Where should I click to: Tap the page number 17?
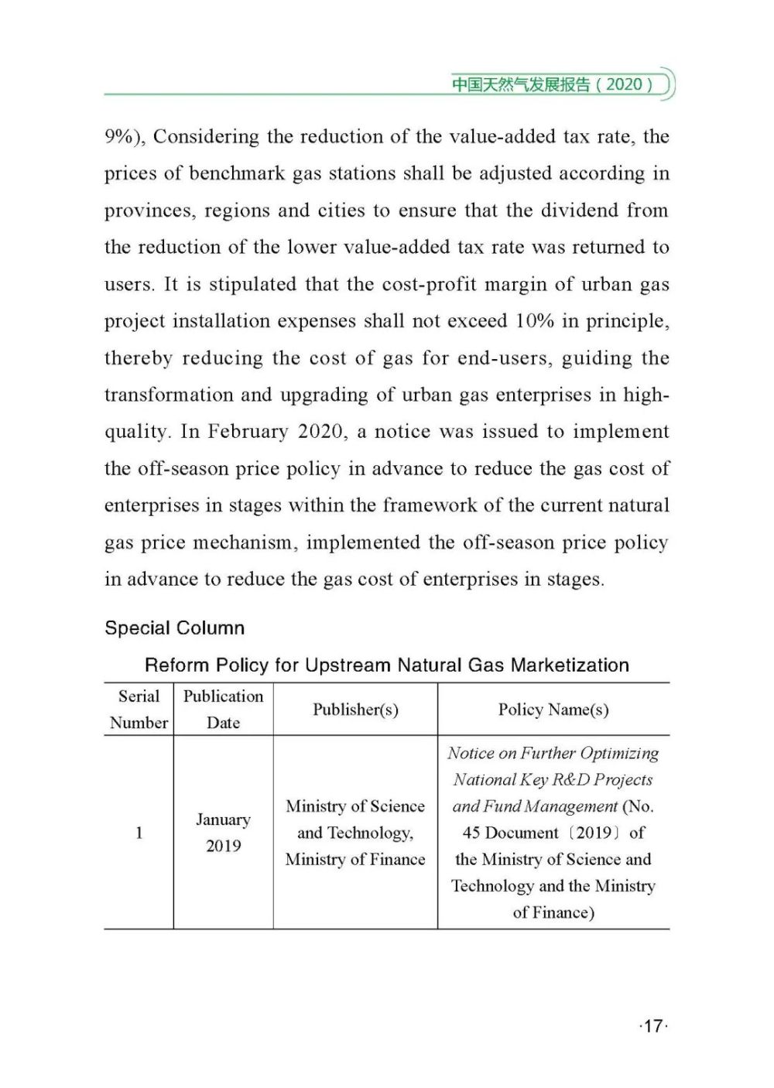coord(653,1026)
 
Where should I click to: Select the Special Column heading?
coord(175,628)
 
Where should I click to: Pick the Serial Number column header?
coord(139,709)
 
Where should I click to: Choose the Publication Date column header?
coord(223,709)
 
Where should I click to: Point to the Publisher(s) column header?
coord(355,709)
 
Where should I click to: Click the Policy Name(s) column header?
coord(553,709)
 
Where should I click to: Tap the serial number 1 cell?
coord(139,833)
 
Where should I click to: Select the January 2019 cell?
coord(223,833)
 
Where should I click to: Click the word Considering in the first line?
coord(206,137)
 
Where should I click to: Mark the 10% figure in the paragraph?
coord(535,321)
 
